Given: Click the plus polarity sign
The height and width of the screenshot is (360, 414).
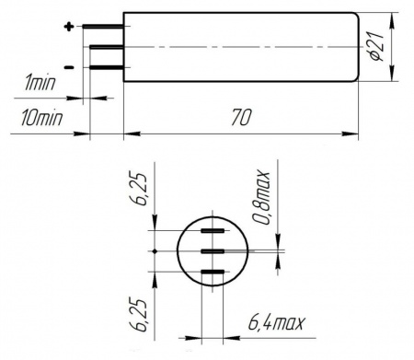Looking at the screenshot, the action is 69,27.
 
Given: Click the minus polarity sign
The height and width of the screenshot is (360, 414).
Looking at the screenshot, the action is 69,67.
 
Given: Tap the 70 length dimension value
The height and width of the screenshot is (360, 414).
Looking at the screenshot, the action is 241,117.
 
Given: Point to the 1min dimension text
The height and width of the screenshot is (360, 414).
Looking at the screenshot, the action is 40,83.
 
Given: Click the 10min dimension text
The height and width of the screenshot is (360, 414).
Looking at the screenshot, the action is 41,118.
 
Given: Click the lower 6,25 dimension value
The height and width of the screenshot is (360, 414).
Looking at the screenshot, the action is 141,315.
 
